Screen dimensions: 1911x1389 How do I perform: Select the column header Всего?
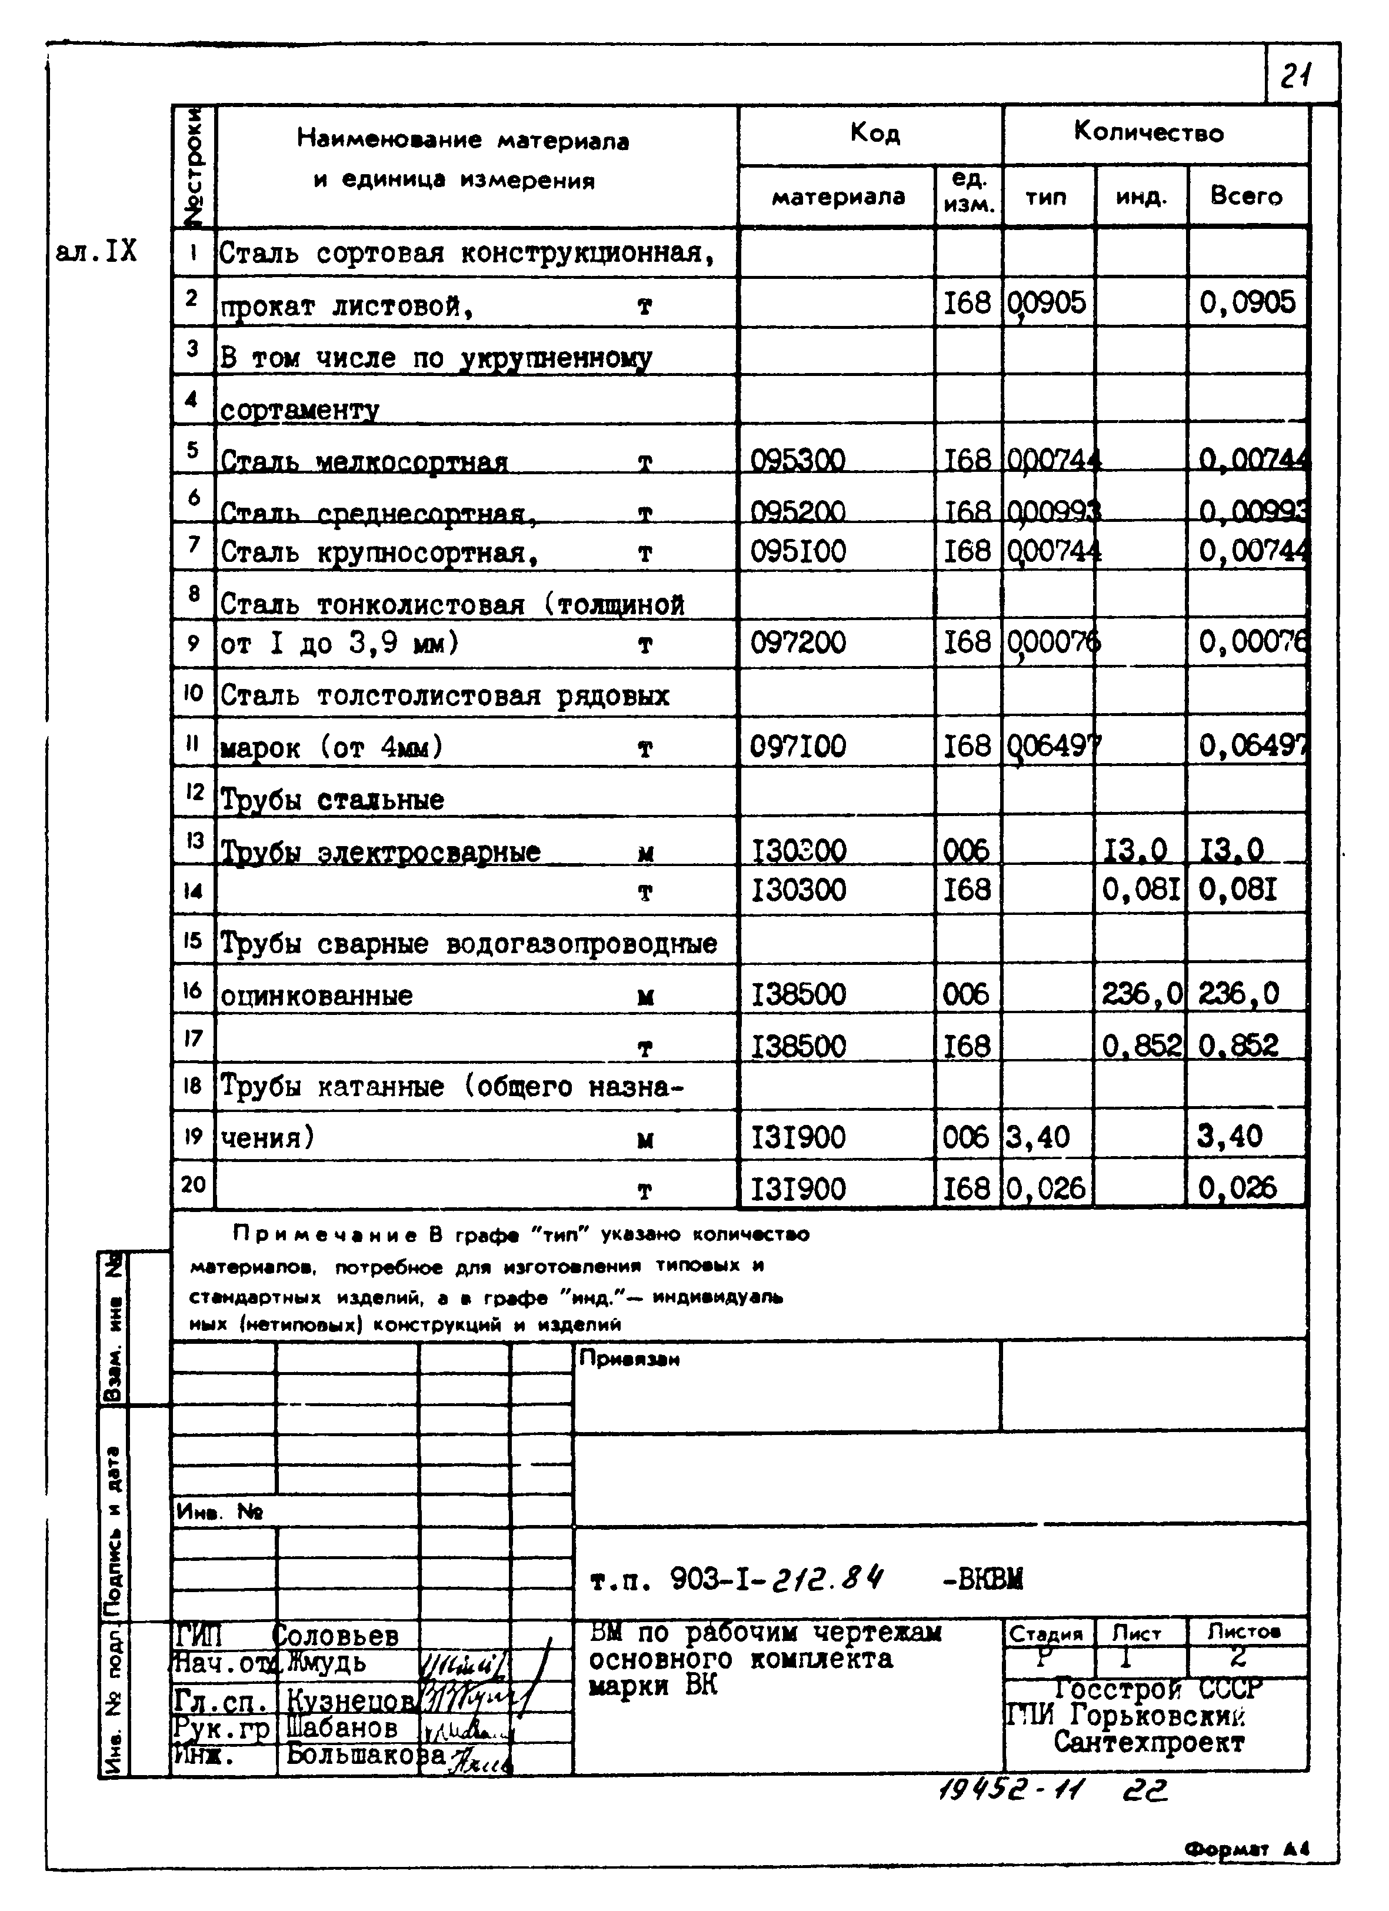point(1246,197)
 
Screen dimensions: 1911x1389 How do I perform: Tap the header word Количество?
point(1148,132)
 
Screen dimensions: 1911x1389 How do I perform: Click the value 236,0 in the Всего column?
point(1238,994)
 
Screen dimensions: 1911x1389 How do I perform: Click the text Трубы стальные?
point(332,799)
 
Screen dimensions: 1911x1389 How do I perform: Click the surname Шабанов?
point(342,1727)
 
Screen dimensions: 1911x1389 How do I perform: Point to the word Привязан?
point(629,1359)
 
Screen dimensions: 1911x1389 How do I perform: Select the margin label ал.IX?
point(95,251)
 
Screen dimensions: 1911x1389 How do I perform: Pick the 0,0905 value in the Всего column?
point(1247,302)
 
